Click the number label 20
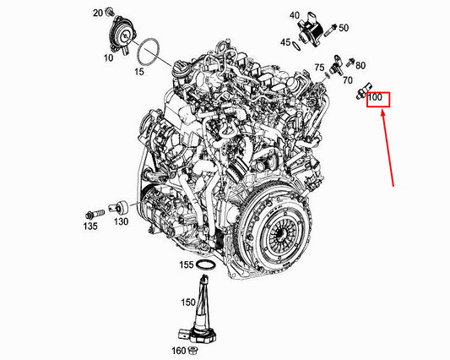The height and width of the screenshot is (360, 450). (x=97, y=13)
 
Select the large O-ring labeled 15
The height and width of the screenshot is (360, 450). (x=149, y=50)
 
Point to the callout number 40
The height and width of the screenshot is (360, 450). (x=294, y=15)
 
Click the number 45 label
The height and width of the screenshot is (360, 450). (x=287, y=41)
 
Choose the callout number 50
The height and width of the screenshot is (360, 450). (x=344, y=29)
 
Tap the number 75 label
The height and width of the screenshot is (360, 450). (x=319, y=67)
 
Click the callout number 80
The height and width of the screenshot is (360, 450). (x=361, y=66)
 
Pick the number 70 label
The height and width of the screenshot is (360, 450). (x=345, y=80)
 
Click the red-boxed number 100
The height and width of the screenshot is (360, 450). (x=377, y=99)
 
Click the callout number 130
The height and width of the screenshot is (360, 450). (x=120, y=222)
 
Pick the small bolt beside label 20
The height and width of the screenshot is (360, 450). (x=109, y=14)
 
